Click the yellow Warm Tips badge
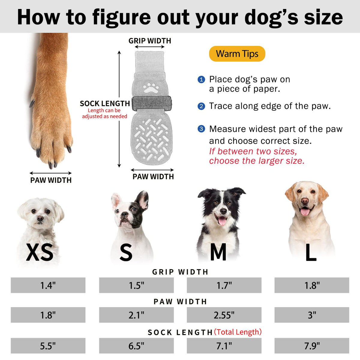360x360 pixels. pyautogui.click(x=237, y=54)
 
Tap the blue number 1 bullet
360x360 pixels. pyautogui.click(x=201, y=79)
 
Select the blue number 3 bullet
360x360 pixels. pyautogui.click(x=201, y=129)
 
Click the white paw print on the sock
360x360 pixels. pyautogui.click(x=151, y=88)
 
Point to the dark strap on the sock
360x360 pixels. pyautogui.click(x=151, y=103)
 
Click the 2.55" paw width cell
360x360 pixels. pyautogui.click(x=224, y=315)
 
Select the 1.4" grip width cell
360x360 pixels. pyautogui.click(x=48, y=285)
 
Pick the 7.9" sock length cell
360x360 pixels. pyautogui.click(x=312, y=346)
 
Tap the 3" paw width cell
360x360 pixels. pyautogui.click(x=312, y=315)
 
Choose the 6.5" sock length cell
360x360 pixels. pyautogui.click(x=136, y=346)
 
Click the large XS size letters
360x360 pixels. pyautogui.click(x=40, y=252)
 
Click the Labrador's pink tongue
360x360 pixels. pyautogui.click(x=305, y=212)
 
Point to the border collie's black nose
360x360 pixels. pyautogui.click(x=223, y=211)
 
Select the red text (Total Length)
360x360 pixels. pyautogui.click(x=238, y=332)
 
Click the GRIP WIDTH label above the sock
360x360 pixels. pyautogui.click(x=150, y=41)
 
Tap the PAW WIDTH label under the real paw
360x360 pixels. pyautogui.click(x=51, y=180)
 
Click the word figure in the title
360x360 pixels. pyautogui.click(x=121, y=17)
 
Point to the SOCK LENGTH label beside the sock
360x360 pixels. pyautogui.click(x=105, y=103)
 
